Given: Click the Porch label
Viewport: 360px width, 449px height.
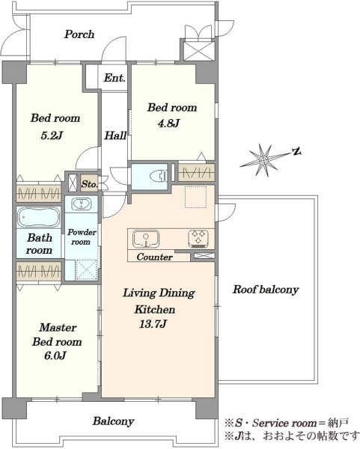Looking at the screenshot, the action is (x=79, y=34).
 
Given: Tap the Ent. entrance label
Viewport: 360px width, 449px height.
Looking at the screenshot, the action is (x=115, y=78).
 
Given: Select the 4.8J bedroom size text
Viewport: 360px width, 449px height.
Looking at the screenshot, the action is (x=168, y=123).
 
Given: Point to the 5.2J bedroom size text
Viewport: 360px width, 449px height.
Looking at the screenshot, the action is (x=52, y=135).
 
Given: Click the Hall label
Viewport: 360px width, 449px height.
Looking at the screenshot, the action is (x=115, y=135).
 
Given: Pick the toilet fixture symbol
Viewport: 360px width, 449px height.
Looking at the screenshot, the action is (x=159, y=175).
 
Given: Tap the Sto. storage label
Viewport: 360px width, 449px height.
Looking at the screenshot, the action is (x=89, y=184).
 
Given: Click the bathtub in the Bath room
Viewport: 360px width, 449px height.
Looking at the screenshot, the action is (x=39, y=217).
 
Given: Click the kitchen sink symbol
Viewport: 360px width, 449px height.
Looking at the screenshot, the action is (x=146, y=239).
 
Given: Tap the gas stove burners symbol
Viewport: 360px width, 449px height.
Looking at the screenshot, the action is (x=198, y=239).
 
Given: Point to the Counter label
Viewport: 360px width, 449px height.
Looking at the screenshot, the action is (x=155, y=257).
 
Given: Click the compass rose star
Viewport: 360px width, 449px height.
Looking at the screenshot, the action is (x=263, y=159).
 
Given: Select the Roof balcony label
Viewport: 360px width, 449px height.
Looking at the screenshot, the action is (x=266, y=290).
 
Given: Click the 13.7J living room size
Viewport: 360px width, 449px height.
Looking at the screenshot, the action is (x=153, y=324).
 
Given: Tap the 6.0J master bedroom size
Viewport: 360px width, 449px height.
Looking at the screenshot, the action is (x=55, y=355).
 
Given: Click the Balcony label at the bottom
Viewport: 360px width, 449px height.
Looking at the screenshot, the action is (x=114, y=421).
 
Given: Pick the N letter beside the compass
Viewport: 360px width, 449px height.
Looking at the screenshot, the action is (x=297, y=151).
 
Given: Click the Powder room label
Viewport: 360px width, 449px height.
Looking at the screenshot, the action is (x=82, y=236).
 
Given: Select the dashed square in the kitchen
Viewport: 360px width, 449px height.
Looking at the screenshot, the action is (x=196, y=197).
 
